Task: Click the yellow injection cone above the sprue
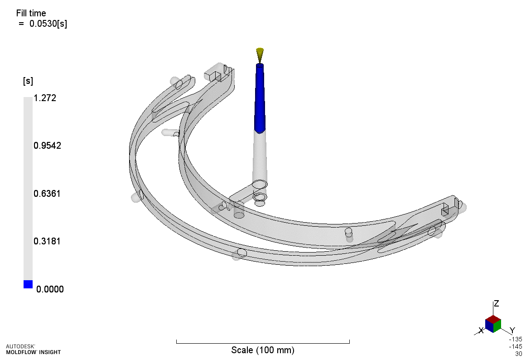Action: click(x=260, y=55)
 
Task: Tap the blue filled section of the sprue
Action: click(x=260, y=98)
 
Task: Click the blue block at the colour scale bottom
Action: click(x=28, y=284)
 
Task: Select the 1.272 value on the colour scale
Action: click(x=45, y=98)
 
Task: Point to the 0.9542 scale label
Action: click(x=47, y=146)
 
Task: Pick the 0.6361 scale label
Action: click(x=47, y=194)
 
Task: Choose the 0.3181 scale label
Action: click(x=47, y=241)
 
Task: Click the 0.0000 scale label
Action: click(x=50, y=289)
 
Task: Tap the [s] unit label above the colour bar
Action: click(x=28, y=81)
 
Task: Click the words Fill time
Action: click(x=31, y=14)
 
